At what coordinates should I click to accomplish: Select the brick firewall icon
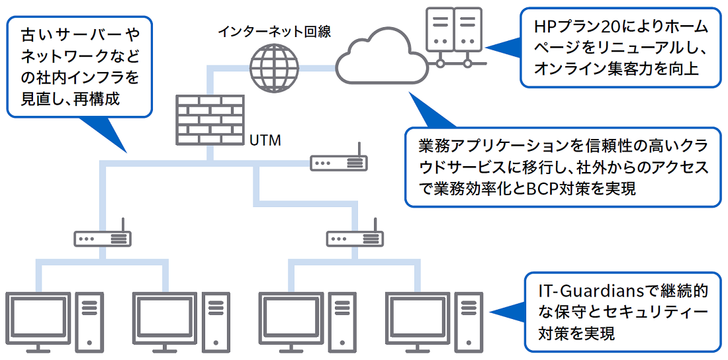pyautogui.click(x=209, y=119)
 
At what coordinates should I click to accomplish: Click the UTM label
pyautogui.click(x=266, y=140)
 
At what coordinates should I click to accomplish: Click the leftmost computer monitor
pyautogui.click(x=38, y=318)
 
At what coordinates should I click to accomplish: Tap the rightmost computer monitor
pyautogui.click(x=418, y=318)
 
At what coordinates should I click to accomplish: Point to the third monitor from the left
pyautogui.click(x=291, y=318)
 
